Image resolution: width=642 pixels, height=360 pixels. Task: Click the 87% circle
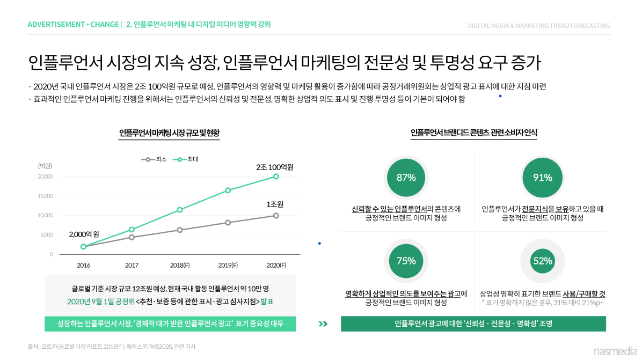406,178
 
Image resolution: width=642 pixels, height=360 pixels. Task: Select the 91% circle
542,178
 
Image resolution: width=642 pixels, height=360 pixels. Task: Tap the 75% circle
406,261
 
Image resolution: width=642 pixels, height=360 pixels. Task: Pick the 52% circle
542,261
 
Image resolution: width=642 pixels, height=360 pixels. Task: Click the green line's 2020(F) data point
276,177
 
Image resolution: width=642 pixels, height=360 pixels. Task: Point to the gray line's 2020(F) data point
276,216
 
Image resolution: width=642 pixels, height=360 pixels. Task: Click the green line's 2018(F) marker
180,210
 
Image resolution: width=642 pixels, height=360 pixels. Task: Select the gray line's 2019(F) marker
228,223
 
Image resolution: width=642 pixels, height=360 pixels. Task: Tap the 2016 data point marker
83,247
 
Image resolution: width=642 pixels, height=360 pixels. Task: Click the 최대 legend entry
185,159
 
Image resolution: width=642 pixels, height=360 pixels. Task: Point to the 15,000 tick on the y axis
45,196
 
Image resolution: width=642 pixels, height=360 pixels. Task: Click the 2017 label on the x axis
132,265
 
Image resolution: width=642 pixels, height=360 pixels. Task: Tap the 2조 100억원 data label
274,167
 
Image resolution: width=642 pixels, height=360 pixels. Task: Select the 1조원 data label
274,204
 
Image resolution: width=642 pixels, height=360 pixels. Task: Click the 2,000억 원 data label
84,234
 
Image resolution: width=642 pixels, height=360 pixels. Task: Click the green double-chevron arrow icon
322,324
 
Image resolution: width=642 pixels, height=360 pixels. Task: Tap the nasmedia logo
615,351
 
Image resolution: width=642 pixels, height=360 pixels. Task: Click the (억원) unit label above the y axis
45,166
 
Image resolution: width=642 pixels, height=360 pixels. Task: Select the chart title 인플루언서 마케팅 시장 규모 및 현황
169,133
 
